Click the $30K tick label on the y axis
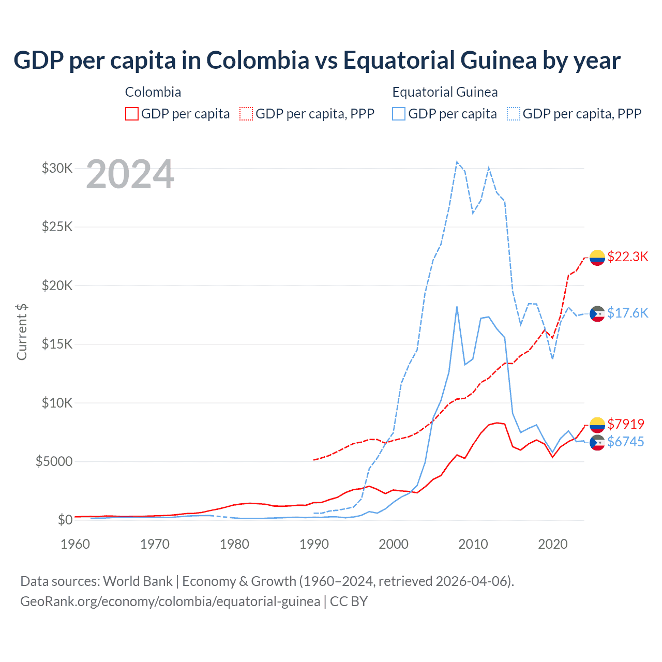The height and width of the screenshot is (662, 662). coord(57,168)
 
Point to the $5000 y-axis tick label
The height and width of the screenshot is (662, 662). coord(54,461)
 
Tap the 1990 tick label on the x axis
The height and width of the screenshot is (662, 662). coord(314,544)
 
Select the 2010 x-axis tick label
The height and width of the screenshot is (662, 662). coord(473,544)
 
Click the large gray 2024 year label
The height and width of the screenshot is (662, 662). coord(130,175)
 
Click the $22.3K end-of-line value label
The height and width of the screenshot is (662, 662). coord(627,257)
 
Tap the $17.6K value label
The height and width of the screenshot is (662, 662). coord(627,313)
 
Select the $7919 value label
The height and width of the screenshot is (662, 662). coord(626,424)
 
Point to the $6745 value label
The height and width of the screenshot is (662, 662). coord(626,442)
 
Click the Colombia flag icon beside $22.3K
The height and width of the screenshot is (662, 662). coord(597,257)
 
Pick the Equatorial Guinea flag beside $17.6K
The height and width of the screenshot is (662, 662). coord(597,313)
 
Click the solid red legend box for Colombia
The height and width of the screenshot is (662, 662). coord(132,114)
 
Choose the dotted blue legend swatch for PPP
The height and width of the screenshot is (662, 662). coord(514,114)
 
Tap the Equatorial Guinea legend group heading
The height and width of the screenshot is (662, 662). coord(445,92)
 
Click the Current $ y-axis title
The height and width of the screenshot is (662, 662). coord(22,332)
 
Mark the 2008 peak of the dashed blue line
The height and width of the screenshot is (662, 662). coord(457,162)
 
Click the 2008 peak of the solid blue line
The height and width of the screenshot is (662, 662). coord(457,307)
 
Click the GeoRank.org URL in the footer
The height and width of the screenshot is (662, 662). coord(170,601)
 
